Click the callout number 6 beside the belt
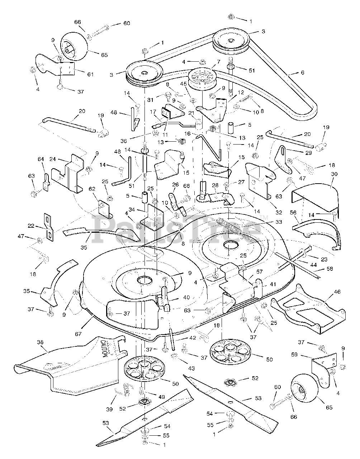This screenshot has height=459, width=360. click(x=302, y=72)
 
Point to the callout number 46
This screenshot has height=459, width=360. click(x=337, y=292)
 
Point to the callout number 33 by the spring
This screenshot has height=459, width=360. click(x=279, y=222)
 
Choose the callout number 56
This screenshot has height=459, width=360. click(x=293, y=212)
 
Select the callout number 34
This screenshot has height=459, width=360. click(x=131, y=209)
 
